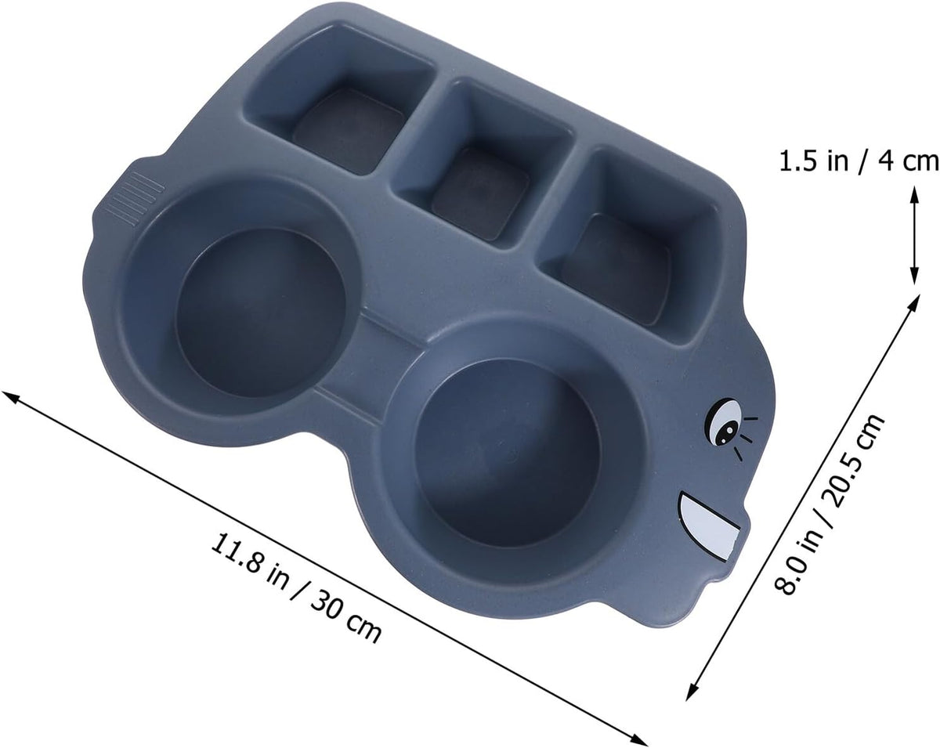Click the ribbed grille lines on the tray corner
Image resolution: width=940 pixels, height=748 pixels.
(x=136, y=198)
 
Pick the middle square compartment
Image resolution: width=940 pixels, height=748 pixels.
(x=483, y=164)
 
